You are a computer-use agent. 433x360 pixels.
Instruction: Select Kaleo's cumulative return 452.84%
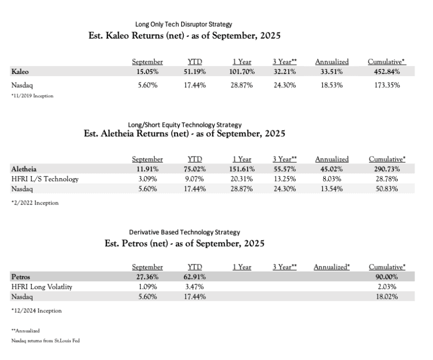coord(383,71)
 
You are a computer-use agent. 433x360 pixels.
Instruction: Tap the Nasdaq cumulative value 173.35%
coord(383,85)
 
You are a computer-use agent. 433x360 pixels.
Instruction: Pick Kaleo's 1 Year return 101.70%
coord(241,71)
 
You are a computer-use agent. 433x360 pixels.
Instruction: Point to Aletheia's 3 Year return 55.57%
coord(285,169)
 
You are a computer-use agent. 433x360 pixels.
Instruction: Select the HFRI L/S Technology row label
coord(45,179)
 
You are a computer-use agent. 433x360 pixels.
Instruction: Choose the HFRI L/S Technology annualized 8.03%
coord(332,179)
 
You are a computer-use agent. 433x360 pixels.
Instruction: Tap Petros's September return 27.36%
coord(147,276)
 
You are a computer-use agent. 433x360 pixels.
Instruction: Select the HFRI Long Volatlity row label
coord(42,287)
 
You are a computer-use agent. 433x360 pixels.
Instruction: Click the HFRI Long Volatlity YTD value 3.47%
coord(195,287)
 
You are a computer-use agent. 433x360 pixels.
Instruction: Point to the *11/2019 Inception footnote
coord(33,96)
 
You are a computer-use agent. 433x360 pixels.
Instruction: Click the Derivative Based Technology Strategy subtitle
coord(184,232)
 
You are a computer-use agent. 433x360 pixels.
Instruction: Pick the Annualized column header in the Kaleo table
coord(332,62)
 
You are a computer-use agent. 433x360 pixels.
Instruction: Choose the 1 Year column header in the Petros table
coord(241,267)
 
